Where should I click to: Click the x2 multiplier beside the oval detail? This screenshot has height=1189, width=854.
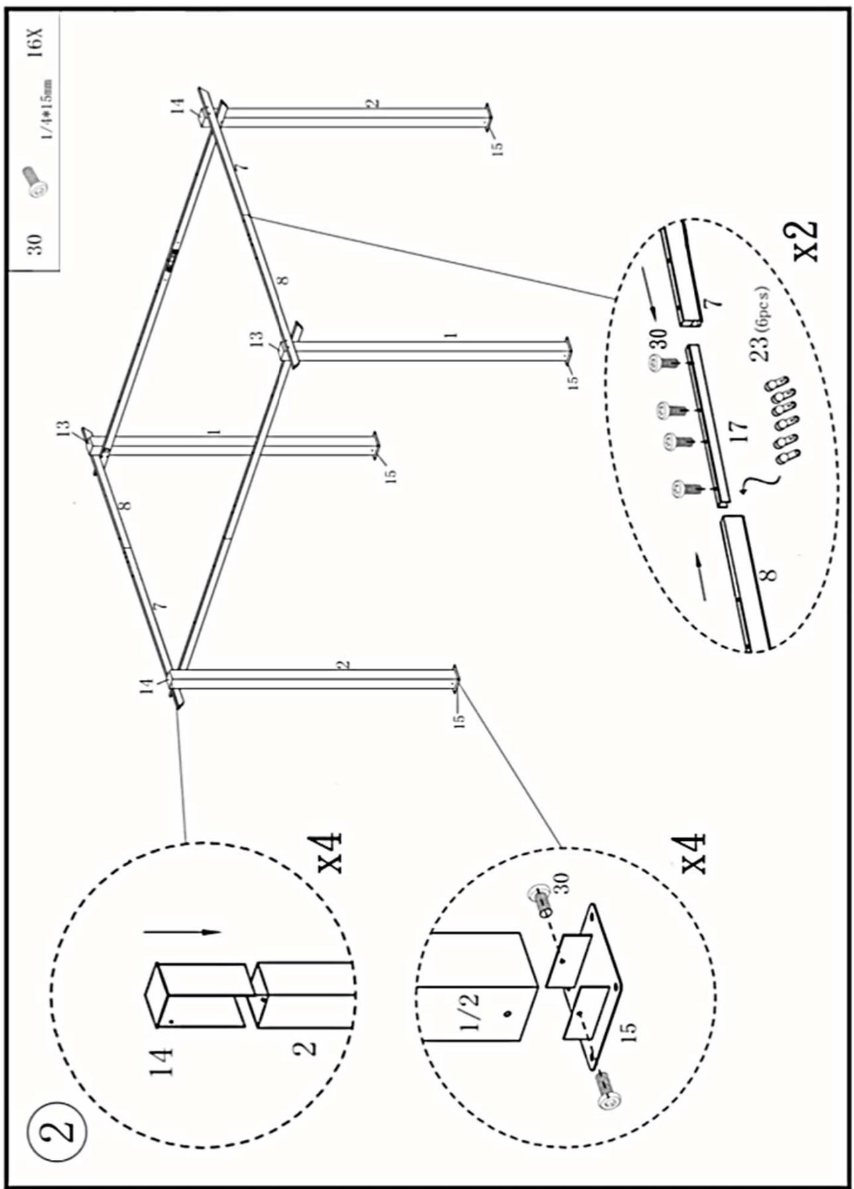(x=804, y=241)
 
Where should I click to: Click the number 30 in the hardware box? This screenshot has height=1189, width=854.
(x=36, y=243)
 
